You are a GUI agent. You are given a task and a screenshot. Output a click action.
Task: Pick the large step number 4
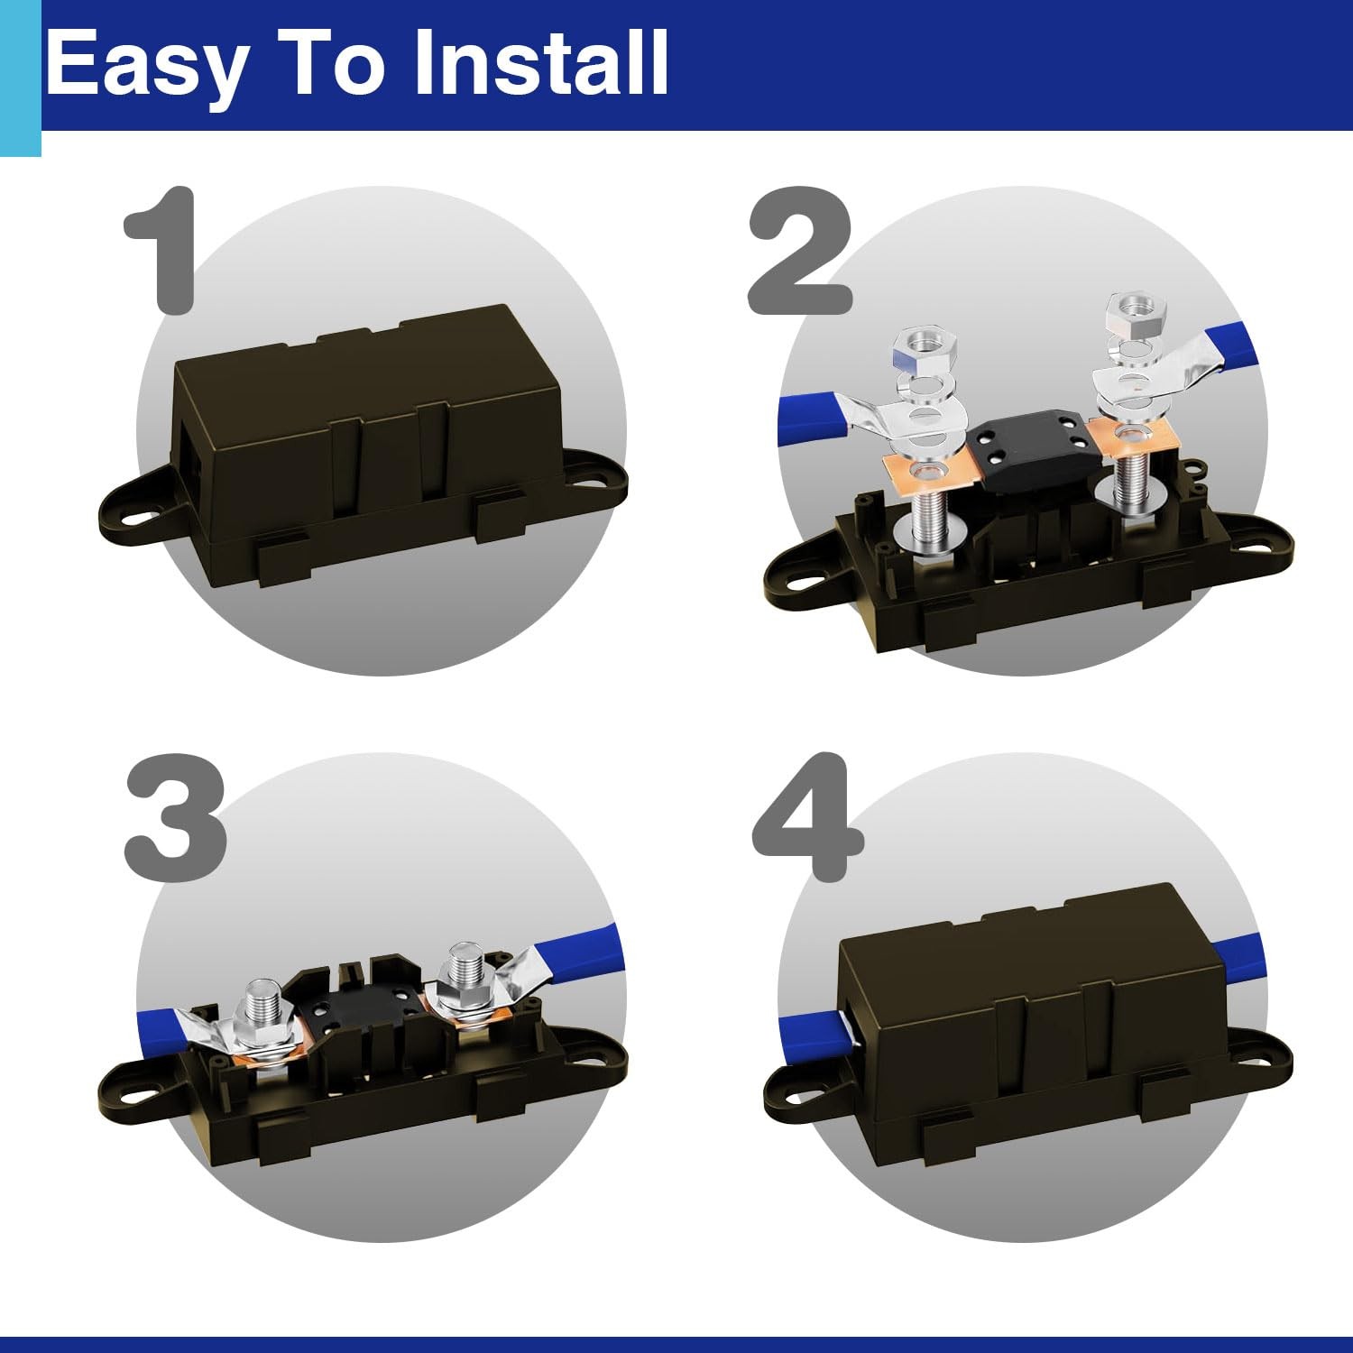pos(807,818)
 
